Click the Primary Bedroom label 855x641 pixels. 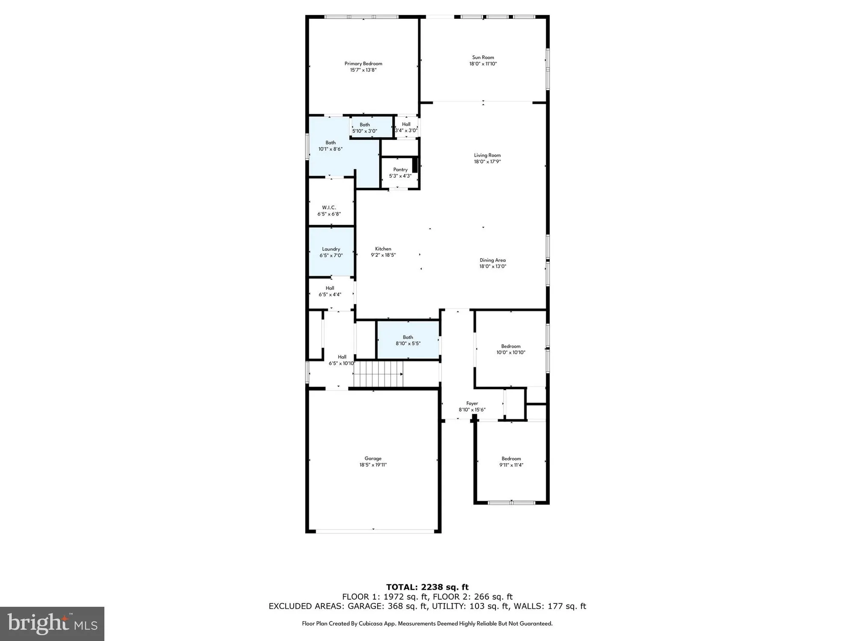tap(363, 64)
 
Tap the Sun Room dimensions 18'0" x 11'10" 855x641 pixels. tap(483, 64)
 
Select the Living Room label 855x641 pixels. tap(487, 155)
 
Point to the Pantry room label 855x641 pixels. tap(400, 170)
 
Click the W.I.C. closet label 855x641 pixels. tap(329, 207)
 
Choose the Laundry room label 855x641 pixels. tap(331, 249)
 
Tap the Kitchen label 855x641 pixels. tap(383, 249)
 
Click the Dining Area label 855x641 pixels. tap(492, 260)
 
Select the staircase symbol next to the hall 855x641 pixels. tap(378, 374)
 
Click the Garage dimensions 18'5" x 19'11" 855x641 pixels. tap(373, 465)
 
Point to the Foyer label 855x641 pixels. tap(472, 403)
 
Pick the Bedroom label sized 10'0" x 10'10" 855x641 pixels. tap(511, 346)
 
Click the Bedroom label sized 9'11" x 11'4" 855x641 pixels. tap(511, 459)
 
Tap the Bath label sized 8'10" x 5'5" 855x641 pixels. tap(408, 337)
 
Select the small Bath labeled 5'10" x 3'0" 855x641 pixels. tap(365, 125)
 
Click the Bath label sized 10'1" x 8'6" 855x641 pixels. tap(330, 143)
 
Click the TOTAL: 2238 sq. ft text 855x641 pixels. tap(427, 587)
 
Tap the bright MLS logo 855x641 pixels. tap(52, 623)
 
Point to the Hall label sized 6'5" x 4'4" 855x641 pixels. tap(330, 288)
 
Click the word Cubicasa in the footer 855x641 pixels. tap(371, 623)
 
